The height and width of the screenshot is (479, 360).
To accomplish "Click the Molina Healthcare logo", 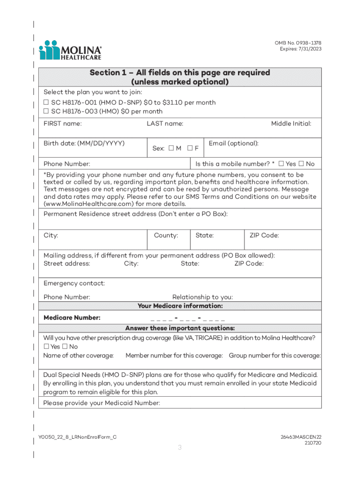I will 70,50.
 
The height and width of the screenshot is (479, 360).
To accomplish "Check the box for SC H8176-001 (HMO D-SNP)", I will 46,102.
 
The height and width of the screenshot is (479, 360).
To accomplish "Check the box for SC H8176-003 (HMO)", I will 46,111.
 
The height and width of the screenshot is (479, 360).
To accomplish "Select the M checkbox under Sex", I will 172,148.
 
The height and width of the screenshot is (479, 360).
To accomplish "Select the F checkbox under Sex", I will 190,148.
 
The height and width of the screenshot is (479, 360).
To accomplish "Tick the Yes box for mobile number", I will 281,164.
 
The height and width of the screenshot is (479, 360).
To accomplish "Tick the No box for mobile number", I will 302,164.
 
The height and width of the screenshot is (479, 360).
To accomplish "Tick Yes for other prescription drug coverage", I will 46,347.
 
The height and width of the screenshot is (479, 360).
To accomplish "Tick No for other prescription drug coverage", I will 65,347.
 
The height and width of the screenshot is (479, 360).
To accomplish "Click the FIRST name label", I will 63,123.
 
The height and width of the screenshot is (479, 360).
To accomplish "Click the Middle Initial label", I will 291,123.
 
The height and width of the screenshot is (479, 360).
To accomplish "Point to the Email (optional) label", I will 233,143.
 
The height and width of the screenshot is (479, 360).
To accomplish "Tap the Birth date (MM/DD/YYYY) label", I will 84,143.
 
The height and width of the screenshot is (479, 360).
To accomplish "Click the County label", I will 166,235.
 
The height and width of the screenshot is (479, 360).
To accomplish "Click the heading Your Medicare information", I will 180,306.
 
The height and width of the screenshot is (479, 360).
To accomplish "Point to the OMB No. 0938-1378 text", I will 298,43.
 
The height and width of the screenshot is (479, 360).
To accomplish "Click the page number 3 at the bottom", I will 180,448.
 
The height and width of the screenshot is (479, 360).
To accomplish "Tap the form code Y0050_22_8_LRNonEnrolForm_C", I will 77,437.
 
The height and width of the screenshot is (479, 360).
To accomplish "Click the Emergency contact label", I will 74,283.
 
